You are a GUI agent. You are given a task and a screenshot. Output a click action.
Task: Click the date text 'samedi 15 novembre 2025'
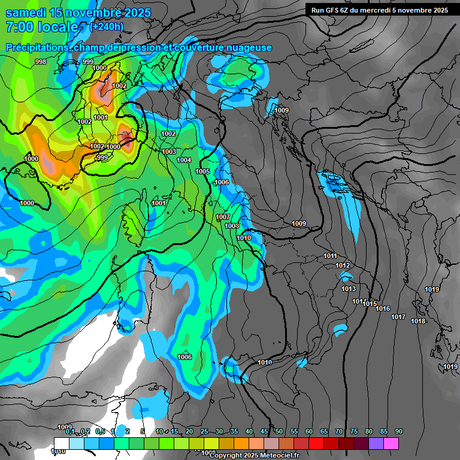pos(78,13)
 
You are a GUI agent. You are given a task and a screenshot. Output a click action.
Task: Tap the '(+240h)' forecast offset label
pos(106,26)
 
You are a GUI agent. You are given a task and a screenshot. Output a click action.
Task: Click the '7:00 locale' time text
pos(42,28)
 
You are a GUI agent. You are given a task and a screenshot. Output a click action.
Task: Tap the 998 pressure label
pos(41,62)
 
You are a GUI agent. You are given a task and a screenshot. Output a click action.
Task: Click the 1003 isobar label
pos(169,152)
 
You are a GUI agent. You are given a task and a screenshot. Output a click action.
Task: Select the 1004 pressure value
pos(184,160)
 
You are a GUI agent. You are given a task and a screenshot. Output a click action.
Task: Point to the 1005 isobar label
pos(203,171)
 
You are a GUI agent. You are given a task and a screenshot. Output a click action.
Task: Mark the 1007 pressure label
pos(223,217)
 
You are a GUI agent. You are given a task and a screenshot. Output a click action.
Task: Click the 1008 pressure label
pos(232,226)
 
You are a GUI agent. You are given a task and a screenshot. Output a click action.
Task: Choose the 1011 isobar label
pos(331,256)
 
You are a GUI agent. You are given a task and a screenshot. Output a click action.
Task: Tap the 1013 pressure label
pos(349,289)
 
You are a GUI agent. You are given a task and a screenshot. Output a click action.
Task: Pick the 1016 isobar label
pos(383,309)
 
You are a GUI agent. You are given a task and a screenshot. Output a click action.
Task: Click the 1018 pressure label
pos(418,321)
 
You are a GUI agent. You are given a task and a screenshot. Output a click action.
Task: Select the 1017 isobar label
pos(398,317)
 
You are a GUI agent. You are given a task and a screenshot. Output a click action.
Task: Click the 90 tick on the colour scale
pos(399,431)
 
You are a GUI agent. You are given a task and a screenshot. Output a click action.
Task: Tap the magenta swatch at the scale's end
pos(391,443)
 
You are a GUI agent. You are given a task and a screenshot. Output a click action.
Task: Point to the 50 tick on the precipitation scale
pos(279,431)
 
